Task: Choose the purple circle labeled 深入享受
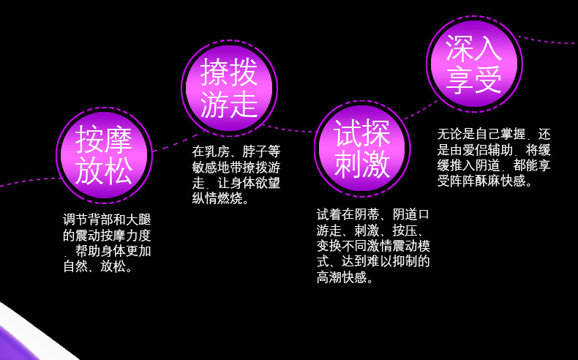tap(474, 64)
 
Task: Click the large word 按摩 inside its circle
tap(104, 138)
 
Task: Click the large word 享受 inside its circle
tap(474, 81)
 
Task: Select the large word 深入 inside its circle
tap(474, 48)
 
